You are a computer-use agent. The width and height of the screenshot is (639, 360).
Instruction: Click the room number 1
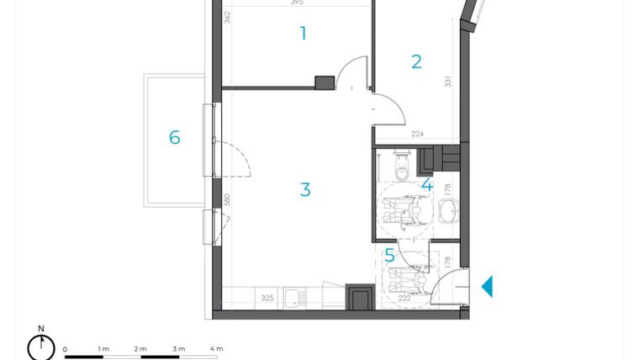(304, 34)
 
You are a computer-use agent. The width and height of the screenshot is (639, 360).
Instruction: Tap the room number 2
(416, 61)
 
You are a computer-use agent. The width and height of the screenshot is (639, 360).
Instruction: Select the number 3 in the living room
(305, 190)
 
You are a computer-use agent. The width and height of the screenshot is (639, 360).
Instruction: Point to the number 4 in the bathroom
(426, 185)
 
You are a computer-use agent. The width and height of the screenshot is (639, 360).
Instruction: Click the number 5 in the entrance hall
(389, 255)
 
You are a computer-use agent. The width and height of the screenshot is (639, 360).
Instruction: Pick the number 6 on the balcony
(175, 137)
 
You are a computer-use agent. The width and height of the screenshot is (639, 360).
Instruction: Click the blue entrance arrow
(486, 287)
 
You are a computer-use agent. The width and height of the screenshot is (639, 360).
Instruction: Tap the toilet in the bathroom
(403, 168)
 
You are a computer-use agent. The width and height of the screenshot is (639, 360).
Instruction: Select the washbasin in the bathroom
(448, 210)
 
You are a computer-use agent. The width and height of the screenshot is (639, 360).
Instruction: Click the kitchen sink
(293, 298)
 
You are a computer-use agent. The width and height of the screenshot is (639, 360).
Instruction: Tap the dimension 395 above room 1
(297, 3)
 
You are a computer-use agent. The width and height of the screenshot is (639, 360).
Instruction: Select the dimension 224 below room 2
(417, 132)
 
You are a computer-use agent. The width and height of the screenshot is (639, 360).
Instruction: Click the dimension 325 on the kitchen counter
(267, 298)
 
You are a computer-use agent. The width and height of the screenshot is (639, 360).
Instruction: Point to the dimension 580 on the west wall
(226, 201)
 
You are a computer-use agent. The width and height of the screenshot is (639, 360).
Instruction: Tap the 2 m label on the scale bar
(140, 348)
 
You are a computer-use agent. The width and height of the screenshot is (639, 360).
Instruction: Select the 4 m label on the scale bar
(216, 348)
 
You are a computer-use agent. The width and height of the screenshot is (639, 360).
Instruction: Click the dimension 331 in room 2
(448, 82)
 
